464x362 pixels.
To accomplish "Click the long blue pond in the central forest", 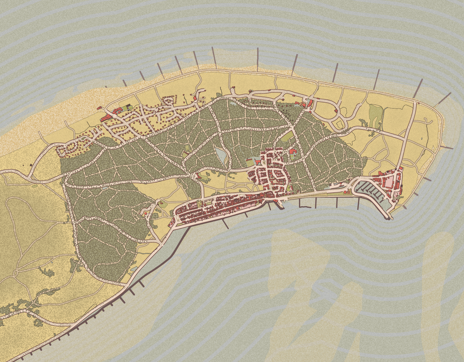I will tap(221, 155).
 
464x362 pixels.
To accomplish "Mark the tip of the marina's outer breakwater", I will tap(389, 218).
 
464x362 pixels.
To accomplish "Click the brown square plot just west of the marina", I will tap(346, 192).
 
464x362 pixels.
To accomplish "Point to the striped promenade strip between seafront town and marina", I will tap(307, 195).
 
